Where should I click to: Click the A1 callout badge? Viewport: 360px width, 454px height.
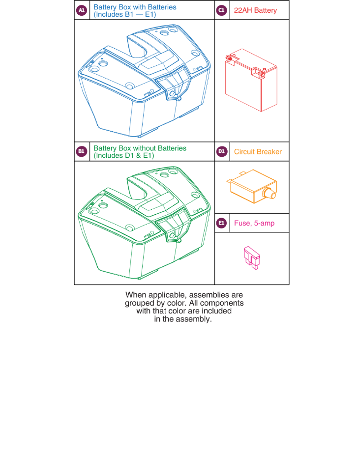(82, 10)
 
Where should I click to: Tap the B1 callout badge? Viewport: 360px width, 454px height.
(82, 151)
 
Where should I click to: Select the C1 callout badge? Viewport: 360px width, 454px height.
(222, 10)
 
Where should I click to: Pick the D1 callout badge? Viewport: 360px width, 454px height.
(222, 151)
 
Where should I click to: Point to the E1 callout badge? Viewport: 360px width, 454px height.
(222, 223)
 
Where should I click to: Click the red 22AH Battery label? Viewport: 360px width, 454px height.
(255, 10)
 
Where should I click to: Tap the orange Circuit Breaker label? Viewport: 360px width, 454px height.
(258, 151)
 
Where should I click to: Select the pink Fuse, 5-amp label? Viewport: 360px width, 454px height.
(254, 223)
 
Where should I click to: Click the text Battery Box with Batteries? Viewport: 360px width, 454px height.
(135, 7)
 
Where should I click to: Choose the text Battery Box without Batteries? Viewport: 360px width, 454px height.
(140, 148)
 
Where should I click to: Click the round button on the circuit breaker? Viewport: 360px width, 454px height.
(270, 193)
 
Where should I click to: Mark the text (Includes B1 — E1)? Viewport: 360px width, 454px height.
(124, 14)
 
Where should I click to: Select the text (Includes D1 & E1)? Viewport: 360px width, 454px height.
(124, 155)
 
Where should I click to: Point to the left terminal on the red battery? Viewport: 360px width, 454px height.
(229, 59)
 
